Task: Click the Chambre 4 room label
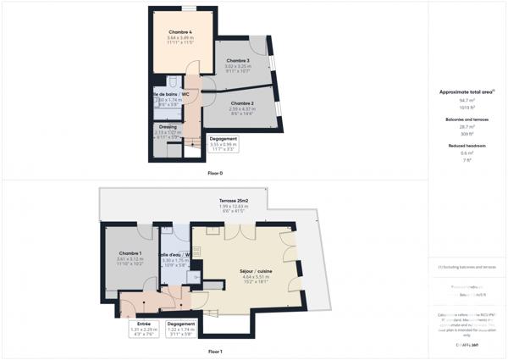coord(180,32)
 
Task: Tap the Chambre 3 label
coord(237,61)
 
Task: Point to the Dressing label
coord(167,126)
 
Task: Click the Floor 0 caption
coord(215,173)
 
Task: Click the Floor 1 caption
coord(215,351)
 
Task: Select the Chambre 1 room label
coord(130,253)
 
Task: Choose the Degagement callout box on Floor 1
coord(181,329)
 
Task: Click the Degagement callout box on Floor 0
coord(224,143)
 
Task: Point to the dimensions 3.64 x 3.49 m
coord(180,38)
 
